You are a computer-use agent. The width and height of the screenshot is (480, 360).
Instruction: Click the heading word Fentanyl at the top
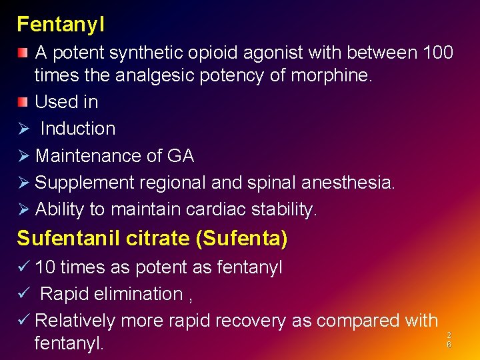click(61, 25)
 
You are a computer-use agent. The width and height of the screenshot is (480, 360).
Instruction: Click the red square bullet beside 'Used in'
click(23, 101)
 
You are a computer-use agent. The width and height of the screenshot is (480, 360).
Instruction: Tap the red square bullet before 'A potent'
click(23, 52)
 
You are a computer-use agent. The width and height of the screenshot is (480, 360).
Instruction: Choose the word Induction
click(78, 129)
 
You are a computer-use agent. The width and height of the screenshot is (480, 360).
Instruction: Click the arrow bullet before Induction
click(23, 129)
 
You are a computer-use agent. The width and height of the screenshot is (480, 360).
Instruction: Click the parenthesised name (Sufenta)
click(241, 238)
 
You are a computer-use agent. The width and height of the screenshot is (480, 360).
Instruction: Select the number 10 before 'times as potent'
click(45, 267)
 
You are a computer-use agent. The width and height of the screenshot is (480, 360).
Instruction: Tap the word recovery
click(253, 321)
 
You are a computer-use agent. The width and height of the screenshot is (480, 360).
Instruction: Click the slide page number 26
click(449, 340)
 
